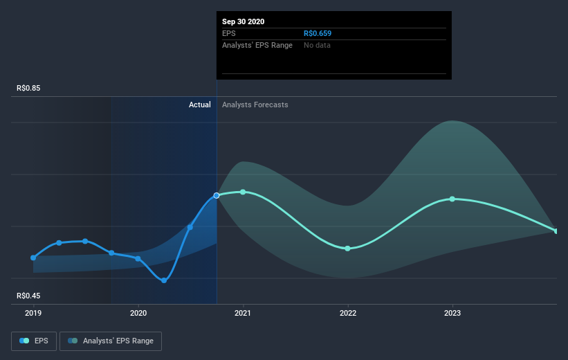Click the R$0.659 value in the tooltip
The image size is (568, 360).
tap(318, 33)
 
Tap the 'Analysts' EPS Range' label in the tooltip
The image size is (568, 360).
tap(257, 45)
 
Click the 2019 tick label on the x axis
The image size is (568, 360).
tap(33, 313)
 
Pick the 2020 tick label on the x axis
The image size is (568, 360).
tap(138, 313)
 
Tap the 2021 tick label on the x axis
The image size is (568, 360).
tap(243, 313)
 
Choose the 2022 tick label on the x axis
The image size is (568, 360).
tap(347, 313)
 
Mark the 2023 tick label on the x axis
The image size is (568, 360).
tap(452, 313)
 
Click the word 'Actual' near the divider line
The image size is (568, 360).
tap(199, 105)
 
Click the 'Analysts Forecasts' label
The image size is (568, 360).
tap(255, 105)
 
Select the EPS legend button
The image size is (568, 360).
tap(34, 341)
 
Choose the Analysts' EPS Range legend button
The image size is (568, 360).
tap(111, 341)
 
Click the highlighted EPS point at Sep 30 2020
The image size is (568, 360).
tap(217, 195)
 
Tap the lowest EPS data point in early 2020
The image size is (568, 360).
tap(164, 280)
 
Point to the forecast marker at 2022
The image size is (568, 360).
tap(347, 248)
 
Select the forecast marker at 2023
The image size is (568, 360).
tap(452, 199)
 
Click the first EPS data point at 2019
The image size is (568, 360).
tap(33, 258)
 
